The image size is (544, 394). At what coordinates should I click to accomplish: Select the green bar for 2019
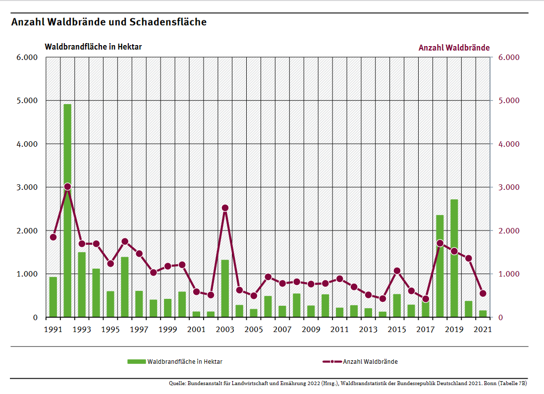click(454, 258)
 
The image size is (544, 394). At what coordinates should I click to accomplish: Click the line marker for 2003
click(225, 208)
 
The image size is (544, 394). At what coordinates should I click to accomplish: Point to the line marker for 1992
click(67, 187)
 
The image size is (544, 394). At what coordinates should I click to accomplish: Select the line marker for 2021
click(483, 293)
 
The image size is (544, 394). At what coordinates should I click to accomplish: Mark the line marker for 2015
click(397, 271)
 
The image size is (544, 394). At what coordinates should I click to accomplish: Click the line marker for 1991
click(53, 237)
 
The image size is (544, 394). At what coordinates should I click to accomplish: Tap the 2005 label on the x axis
click(253, 330)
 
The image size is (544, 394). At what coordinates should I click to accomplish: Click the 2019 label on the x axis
click(454, 330)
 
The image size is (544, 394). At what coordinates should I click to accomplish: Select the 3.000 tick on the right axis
click(508, 187)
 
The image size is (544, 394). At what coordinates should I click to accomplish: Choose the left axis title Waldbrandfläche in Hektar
click(93, 47)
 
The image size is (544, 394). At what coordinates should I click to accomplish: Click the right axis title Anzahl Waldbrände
click(454, 48)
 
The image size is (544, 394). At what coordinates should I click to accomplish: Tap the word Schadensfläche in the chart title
click(168, 22)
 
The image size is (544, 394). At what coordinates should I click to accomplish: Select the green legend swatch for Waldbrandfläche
click(136, 362)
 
